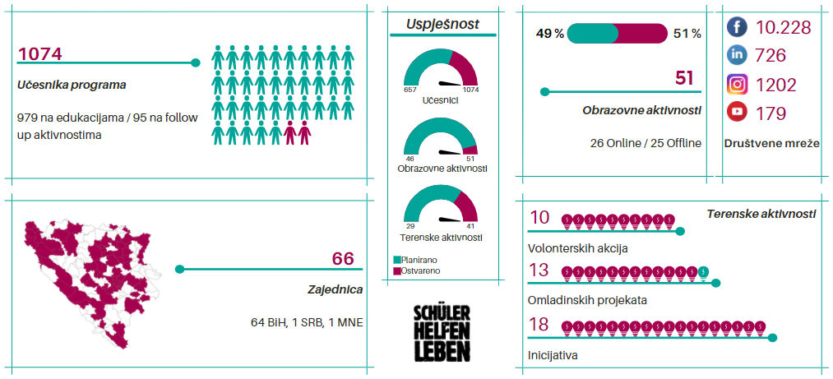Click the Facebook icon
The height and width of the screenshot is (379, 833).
pyautogui.click(x=737, y=28)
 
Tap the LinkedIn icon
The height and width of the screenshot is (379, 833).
pyautogui.click(x=737, y=56)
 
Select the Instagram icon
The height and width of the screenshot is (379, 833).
pyautogui.click(x=737, y=85)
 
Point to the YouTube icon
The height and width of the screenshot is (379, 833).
pyautogui.click(x=737, y=113)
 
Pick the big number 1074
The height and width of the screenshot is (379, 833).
pyautogui.click(x=39, y=54)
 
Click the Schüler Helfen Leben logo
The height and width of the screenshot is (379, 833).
pyautogui.click(x=442, y=332)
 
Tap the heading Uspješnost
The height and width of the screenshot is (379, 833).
pyautogui.click(x=442, y=25)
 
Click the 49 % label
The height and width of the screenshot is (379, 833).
pyautogui.click(x=550, y=34)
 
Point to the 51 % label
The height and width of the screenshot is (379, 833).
pyautogui.click(x=687, y=34)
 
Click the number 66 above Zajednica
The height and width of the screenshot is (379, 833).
pyautogui.click(x=343, y=259)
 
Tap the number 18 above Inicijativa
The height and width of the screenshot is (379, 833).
pyautogui.click(x=539, y=325)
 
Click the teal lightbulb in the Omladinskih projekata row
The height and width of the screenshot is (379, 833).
pyautogui.click(x=703, y=271)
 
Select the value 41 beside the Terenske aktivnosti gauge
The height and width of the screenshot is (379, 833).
pyautogui.click(x=470, y=225)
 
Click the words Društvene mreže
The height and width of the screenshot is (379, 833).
pyautogui.click(x=772, y=143)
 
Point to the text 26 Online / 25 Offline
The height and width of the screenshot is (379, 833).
pyautogui.click(x=646, y=143)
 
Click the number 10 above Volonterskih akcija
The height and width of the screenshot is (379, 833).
pyautogui.click(x=539, y=218)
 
